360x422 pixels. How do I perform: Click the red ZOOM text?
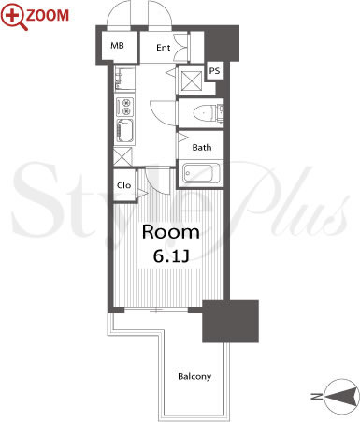[48, 15]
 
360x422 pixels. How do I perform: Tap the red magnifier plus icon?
[14, 17]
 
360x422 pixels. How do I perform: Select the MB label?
[117, 46]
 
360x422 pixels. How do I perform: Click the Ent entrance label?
[164, 48]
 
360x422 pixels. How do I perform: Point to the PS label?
[214, 71]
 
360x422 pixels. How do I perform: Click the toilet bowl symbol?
[204, 112]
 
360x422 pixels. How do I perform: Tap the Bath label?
[202, 147]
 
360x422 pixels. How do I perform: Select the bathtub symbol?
[200, 173]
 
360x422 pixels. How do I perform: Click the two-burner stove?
[125, 107]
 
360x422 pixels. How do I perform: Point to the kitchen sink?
[125, 131]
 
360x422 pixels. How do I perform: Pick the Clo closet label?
[123, 185]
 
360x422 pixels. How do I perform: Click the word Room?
[171, 232]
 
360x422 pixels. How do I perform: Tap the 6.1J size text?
[171, 256]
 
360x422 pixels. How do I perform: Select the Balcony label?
[194, 376]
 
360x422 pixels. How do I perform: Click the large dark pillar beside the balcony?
[231, 321]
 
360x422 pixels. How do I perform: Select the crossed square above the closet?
[122, 157]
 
